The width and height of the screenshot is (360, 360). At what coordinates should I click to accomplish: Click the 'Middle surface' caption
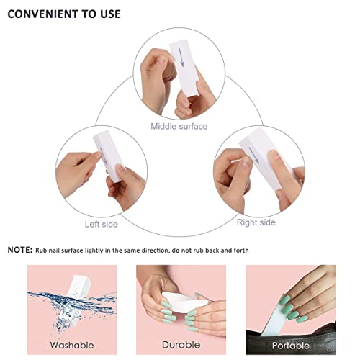[x=179, y=127]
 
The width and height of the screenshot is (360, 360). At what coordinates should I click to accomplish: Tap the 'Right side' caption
[x=256, y=222]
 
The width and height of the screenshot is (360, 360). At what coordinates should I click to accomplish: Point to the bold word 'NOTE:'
[x=19, y=250]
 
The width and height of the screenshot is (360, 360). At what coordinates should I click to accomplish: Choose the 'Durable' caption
[x=181, y=345]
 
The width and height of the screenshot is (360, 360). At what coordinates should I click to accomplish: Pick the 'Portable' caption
[x=291, y=345]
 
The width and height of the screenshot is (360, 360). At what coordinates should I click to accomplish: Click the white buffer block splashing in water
[x=72, y=289]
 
